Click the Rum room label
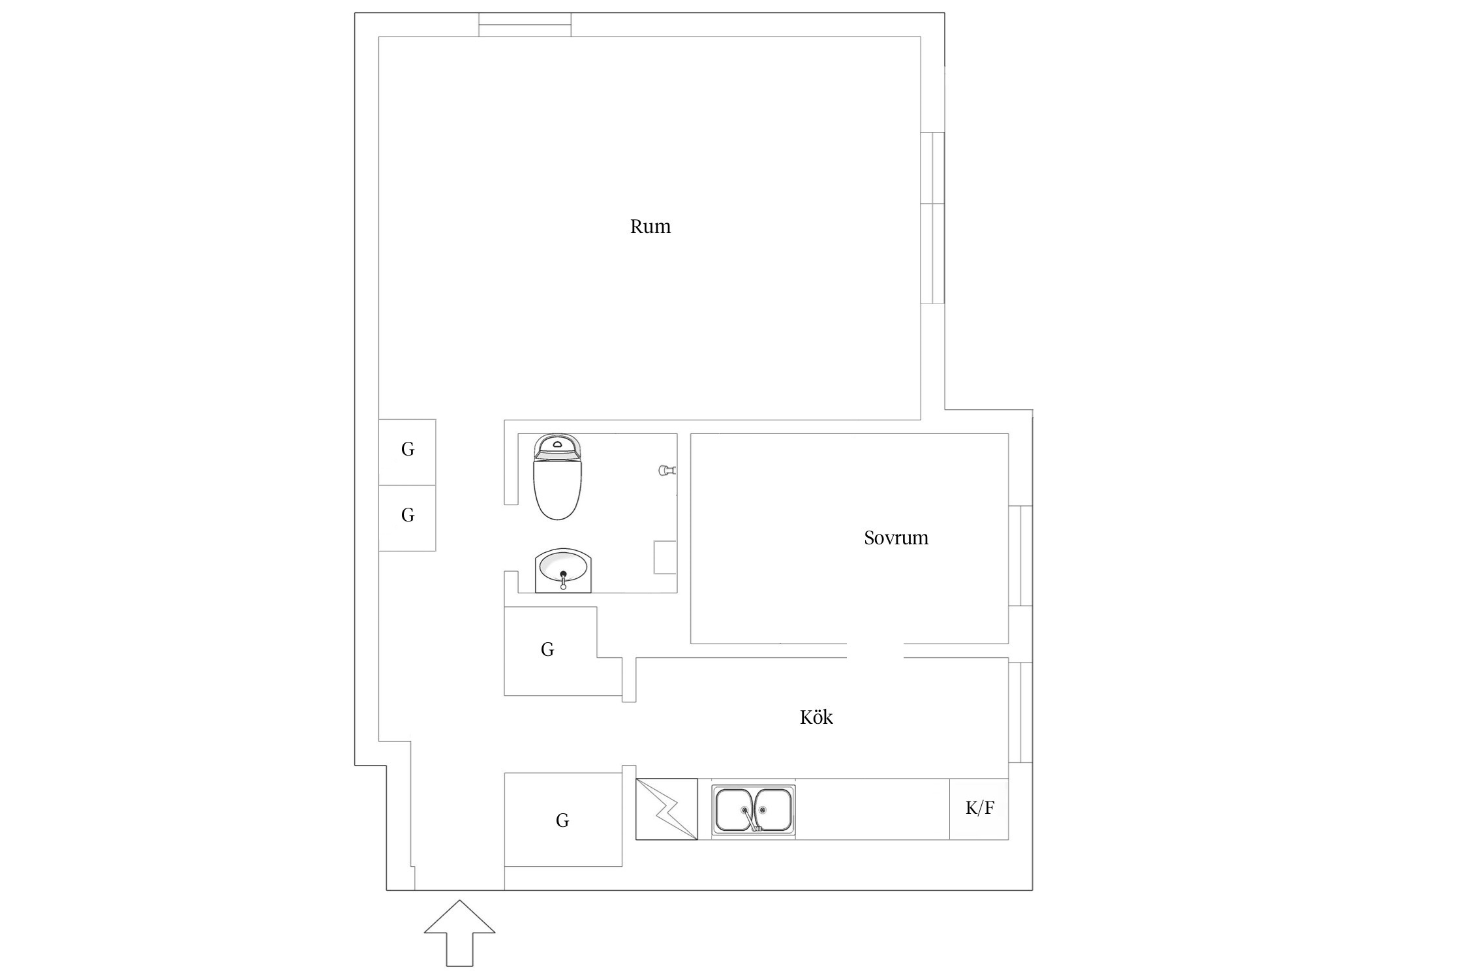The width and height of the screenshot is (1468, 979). click(650, 226)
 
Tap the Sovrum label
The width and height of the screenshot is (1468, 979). click(896, 538)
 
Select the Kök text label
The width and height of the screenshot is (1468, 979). click(816, 717)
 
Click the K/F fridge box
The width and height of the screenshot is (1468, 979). click(979, 809)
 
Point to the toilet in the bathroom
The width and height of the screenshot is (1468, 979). click(557, 477)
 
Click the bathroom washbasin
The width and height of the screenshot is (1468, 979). click(563, 571)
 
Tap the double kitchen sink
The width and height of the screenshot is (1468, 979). click(754, 810)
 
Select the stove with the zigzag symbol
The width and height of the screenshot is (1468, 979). click(667, 809)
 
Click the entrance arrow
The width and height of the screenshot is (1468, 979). click(459, 933)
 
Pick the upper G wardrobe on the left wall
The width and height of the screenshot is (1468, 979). click(407, 452)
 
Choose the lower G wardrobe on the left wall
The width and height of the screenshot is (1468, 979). click(407, 518)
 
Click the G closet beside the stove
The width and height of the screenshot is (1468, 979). click(563, 819)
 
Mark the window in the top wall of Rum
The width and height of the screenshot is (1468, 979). click(525, 25)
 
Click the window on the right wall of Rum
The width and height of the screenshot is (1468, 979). click(932, 218)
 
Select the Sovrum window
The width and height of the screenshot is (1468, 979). click(1020, 556)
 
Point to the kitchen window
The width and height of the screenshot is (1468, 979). click(1020, 712)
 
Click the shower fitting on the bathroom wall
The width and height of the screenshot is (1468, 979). click(667, 469)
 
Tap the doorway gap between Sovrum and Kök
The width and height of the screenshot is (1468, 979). click(876, 651)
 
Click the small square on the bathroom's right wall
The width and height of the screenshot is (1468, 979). click(665, 557)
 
